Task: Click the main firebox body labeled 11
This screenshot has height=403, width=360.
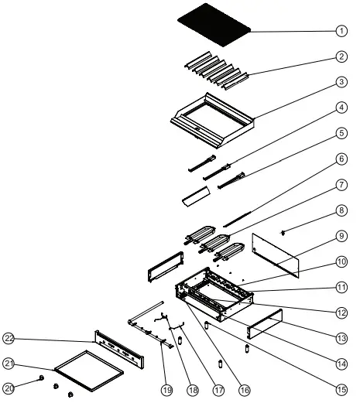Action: click(213, 298)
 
